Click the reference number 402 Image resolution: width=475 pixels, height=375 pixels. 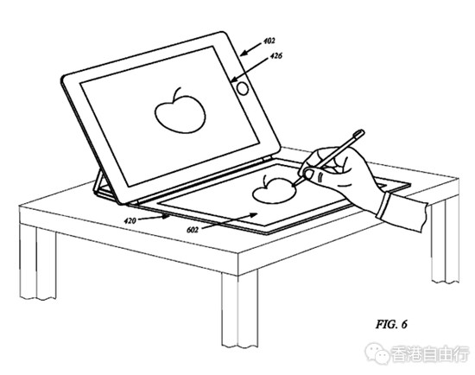(269, 41)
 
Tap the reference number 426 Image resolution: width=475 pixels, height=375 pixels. (275, 56)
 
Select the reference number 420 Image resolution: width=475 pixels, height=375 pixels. (130, 221)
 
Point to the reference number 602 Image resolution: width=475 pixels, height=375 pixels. (193, 230)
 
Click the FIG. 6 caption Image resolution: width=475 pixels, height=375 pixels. (391, 324)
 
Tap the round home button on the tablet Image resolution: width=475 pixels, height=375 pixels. (243, 88)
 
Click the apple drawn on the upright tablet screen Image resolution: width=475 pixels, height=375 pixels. (180, 111)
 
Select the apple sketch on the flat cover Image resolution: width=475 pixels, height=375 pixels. (274, 190)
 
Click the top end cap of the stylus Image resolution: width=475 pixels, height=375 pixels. (359, 133)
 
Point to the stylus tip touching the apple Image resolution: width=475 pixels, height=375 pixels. (293, 184)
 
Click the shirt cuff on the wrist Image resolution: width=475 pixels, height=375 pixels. (383, 206)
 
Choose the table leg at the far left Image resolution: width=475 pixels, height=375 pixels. (37, 263)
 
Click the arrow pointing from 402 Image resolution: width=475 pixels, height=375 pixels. (250, 50)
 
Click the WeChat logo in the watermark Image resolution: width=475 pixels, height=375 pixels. (377, 353)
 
